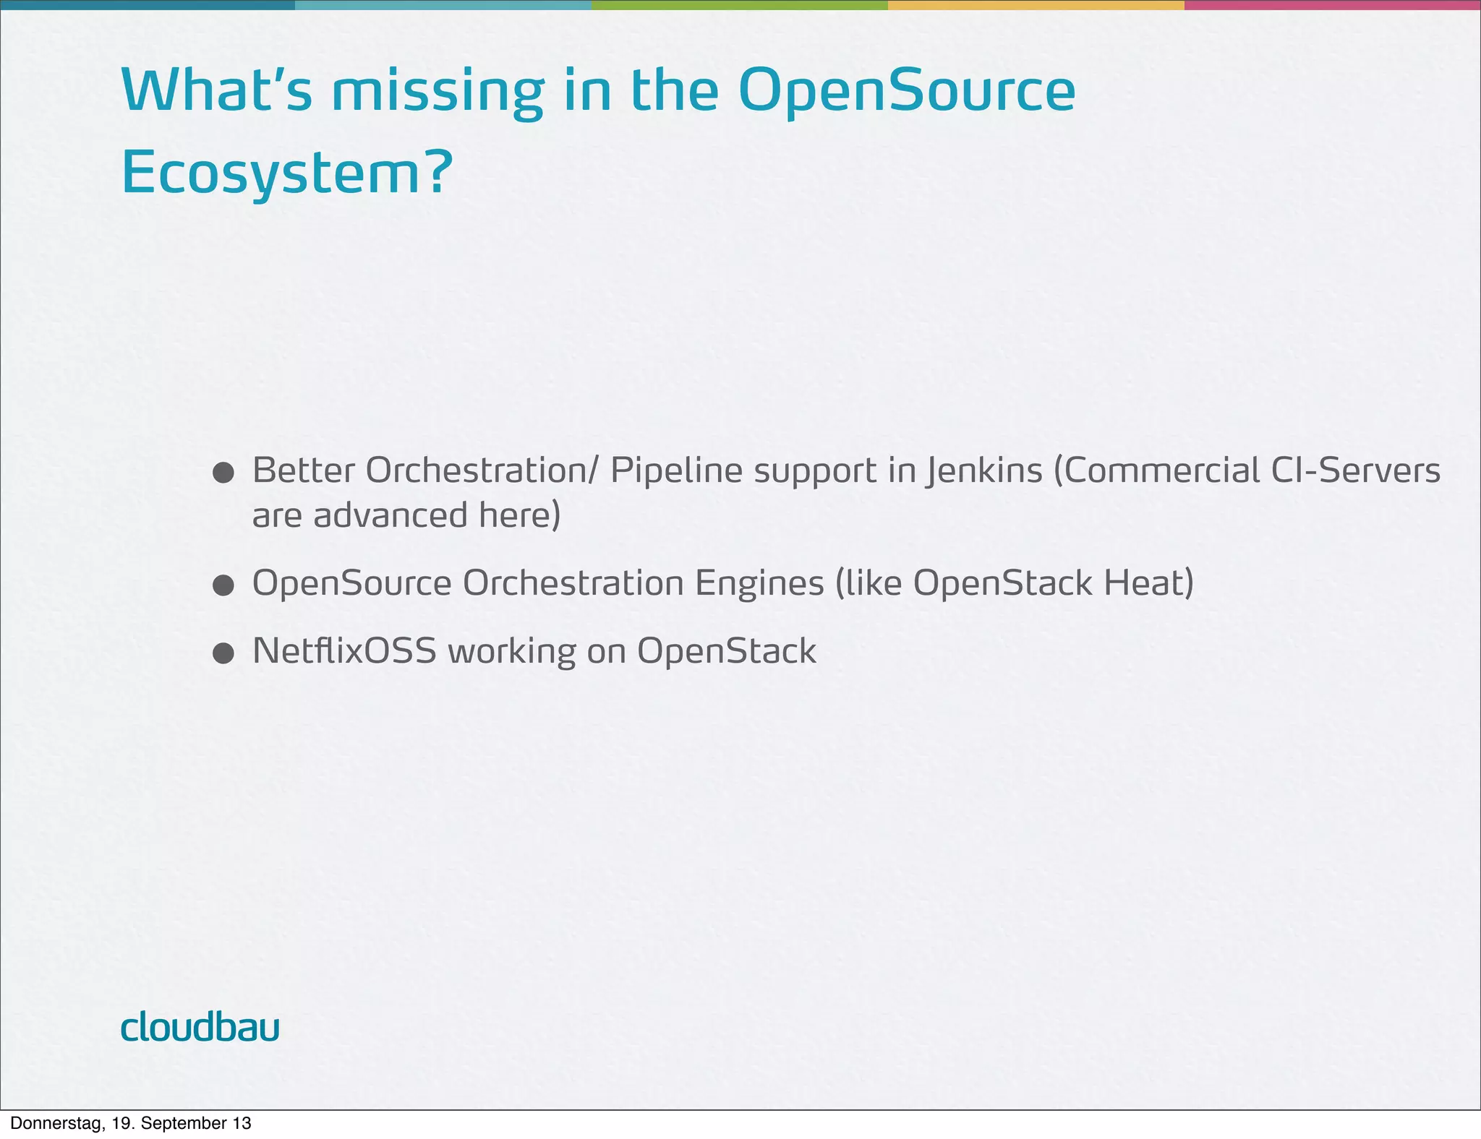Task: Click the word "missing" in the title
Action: click(x=437, y=93)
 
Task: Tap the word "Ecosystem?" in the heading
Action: click(x=286, y=173)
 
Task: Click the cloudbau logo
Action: click(x=200, y=1027)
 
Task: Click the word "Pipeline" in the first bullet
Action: click(x=676, y=470)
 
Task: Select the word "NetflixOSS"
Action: click(x=344, y=650)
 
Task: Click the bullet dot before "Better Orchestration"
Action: click(x=223, y=473)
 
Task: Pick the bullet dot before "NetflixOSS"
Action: click(x=223, y=653)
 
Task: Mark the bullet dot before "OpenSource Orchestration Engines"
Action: click(x=223, y=585)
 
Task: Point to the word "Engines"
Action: click(x=759, y=584)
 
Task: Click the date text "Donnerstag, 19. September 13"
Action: click(x=131, y=1123)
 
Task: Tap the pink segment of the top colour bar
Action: click(x=1332, y=5)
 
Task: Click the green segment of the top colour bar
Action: click(x=739, y=5)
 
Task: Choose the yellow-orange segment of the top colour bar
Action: click(x=1036, y=5)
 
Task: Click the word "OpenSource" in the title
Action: click(x=907, y=93)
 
